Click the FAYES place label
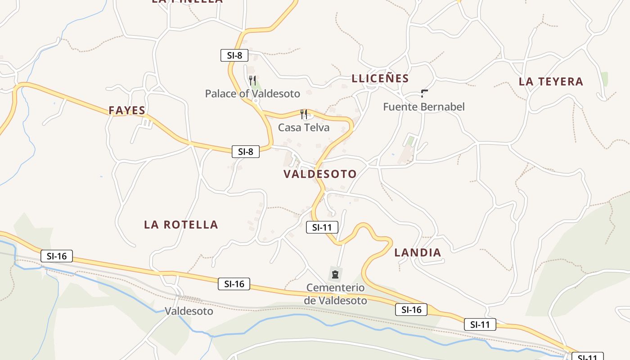127,110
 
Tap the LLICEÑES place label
380,78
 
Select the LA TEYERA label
551,81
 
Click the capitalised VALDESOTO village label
320,174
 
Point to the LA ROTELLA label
181,225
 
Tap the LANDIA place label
418,252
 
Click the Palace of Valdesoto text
252,94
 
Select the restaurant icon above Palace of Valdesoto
253,81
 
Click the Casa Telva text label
304,127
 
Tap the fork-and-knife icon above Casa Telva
304,114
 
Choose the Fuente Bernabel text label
424,107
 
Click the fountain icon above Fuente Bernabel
424,94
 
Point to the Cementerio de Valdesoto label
336,294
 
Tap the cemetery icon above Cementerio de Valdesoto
335,274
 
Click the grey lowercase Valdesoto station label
189,311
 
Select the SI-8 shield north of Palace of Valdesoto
234,55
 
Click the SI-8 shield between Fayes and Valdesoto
246,151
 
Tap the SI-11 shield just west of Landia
322,227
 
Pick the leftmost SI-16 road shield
56,256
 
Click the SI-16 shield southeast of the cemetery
411,309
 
